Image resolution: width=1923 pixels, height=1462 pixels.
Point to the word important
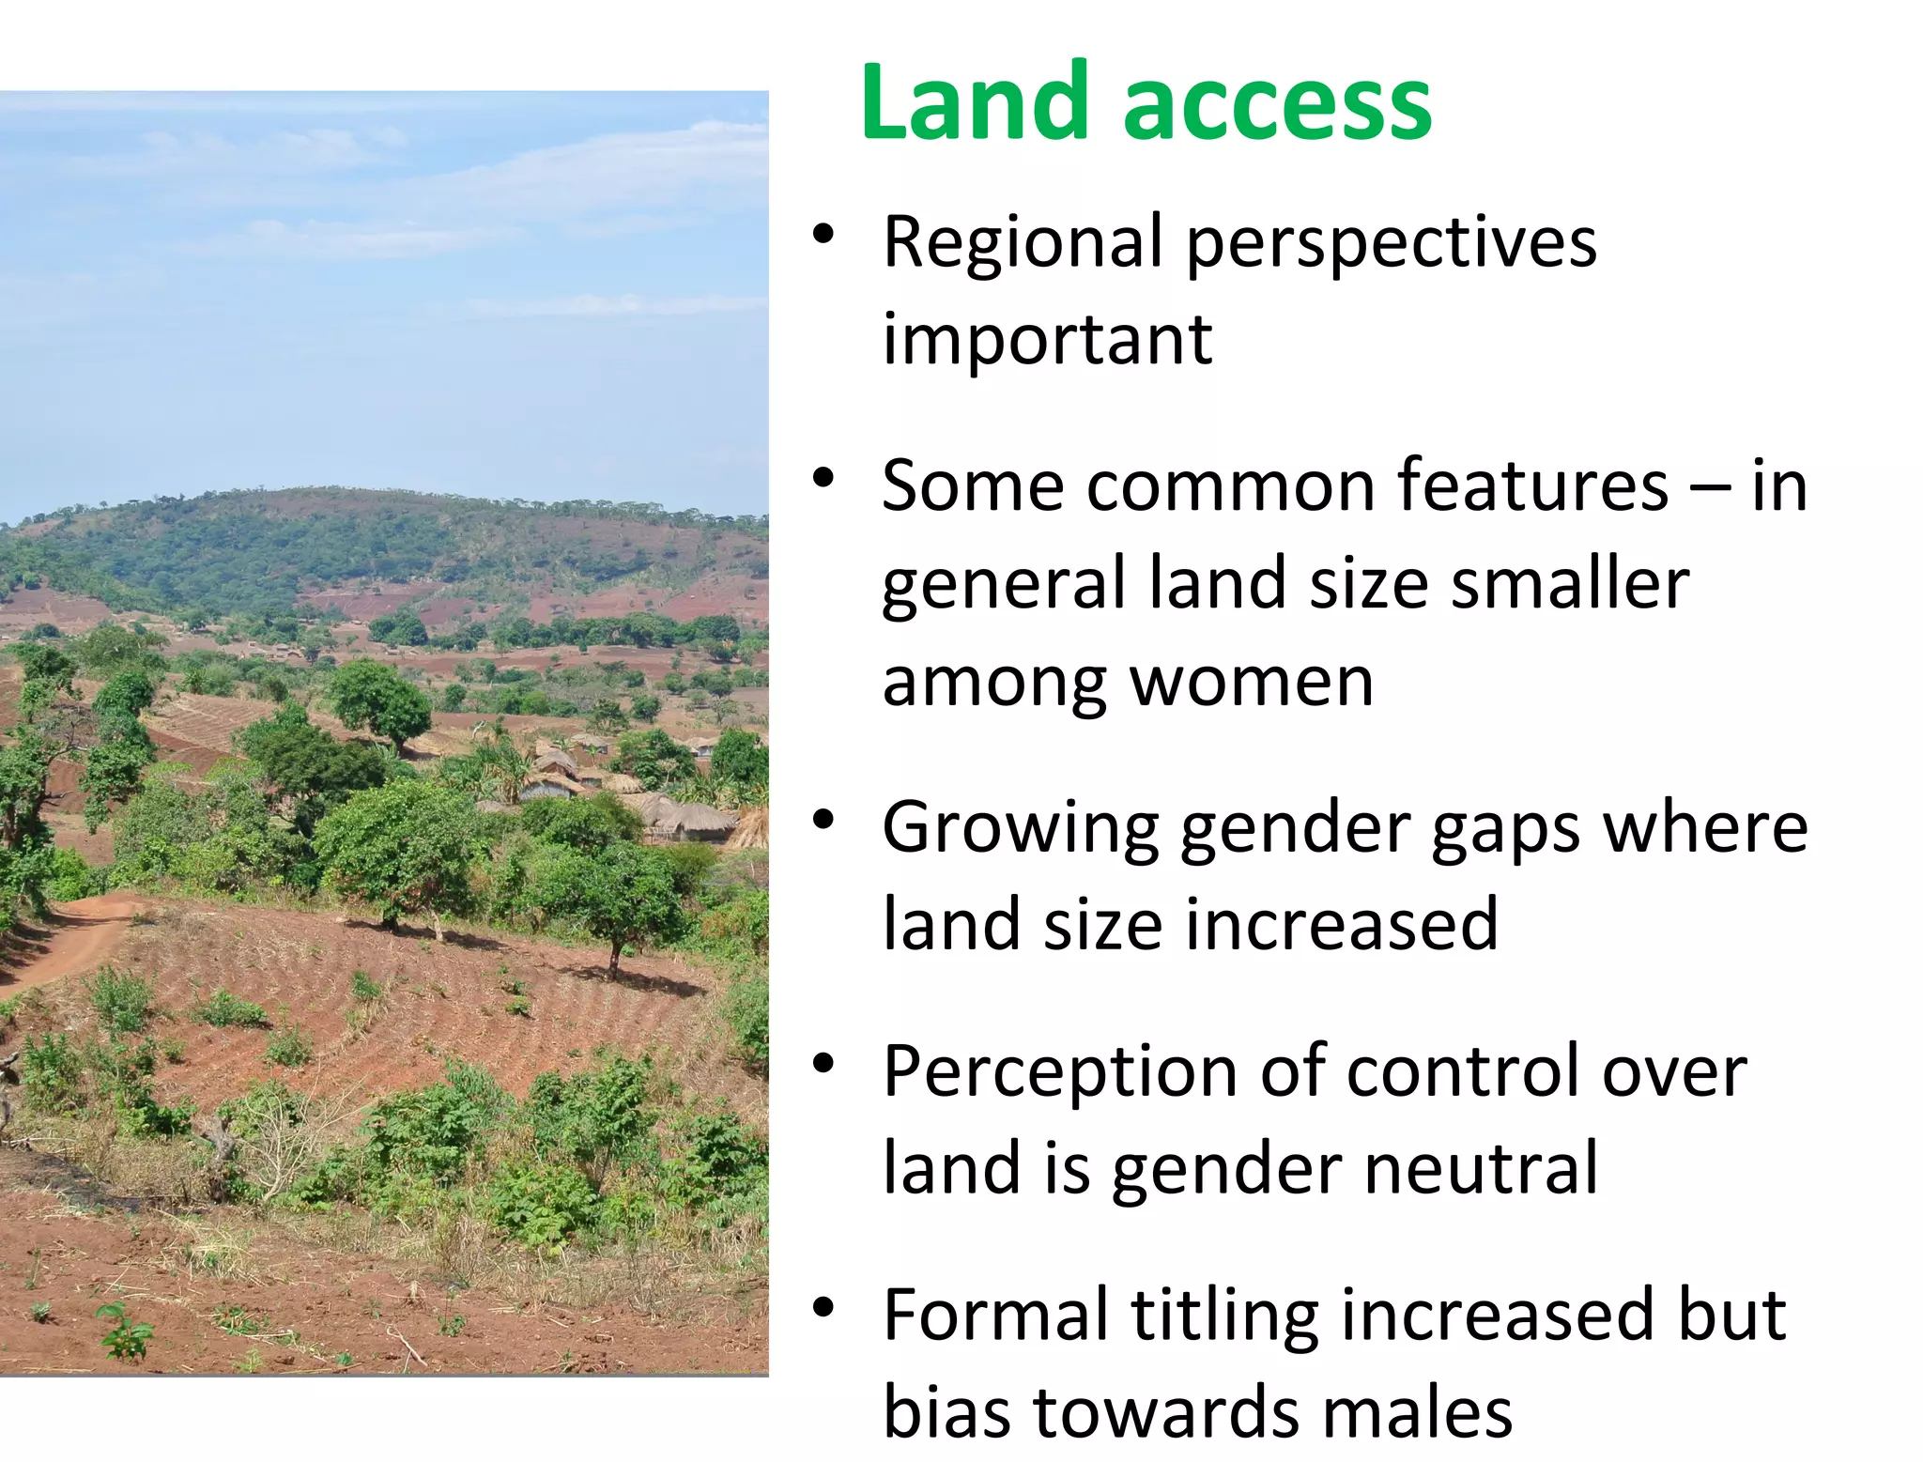(1047, 340)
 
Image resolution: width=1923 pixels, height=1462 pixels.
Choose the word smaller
(1570, 584)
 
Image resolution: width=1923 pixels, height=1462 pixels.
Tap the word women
(1252, 682)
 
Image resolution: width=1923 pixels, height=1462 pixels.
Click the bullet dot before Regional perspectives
(823, 234)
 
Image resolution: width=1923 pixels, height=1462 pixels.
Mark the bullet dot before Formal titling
(823, 1306)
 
